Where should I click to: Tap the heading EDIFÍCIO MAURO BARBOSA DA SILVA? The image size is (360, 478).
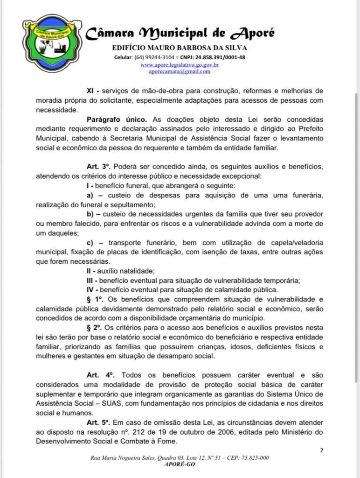[180, 48]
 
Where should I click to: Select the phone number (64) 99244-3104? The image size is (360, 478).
[155, 57]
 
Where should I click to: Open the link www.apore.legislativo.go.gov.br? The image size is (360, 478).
[180, 65]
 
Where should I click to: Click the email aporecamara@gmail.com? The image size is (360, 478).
[180, 72]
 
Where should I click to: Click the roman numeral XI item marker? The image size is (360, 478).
[90, 91]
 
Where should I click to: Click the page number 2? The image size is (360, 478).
[322, 450]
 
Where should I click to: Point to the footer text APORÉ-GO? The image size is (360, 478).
[179, 464]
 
